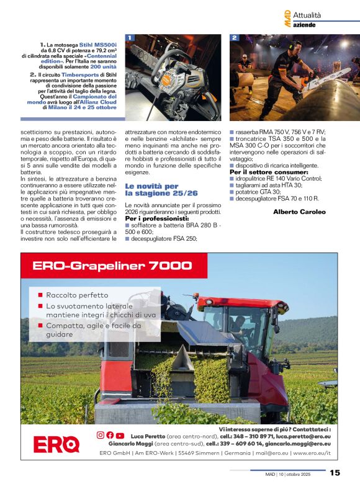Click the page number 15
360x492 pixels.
[335, 473]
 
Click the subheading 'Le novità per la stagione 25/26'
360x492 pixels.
[151, 190]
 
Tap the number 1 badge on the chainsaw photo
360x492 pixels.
[130, 38]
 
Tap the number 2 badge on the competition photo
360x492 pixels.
[235, 38]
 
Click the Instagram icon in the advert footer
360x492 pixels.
[101, 435]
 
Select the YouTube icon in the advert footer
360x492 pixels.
[120, 435]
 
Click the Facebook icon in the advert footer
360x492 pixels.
[110, 435]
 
